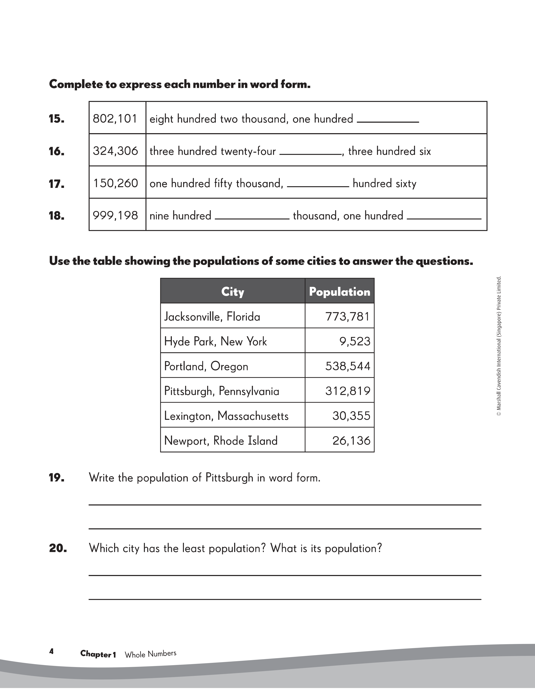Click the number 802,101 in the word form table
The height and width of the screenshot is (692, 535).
pos(115,119)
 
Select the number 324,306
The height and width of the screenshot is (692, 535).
pos(115,151)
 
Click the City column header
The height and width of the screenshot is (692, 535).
pos(233,291)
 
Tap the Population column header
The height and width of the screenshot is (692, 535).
pos(339,291)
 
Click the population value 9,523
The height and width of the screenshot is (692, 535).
pos(355,341)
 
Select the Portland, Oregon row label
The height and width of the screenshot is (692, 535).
pos(206,366)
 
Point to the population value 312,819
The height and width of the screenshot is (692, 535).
pos(348,391)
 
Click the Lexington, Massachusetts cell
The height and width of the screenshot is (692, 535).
pos(226,416)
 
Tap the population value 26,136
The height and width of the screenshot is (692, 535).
pos(351,440)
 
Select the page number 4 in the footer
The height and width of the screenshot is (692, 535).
pos(51,651)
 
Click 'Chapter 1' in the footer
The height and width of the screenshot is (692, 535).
pos(98,654)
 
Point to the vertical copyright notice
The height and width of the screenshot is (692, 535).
pos(499,346)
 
